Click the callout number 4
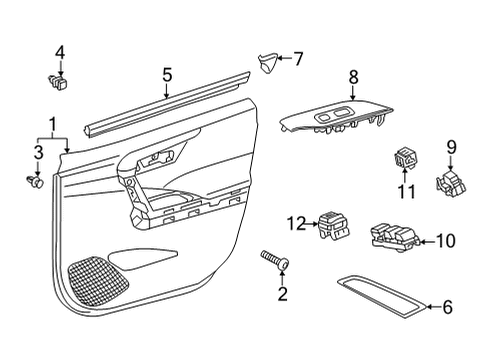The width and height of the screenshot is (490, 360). (59, 52)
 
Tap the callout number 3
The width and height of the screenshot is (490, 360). (37, 152)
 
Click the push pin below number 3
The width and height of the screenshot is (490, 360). (35, 182)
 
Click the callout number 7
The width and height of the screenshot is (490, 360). (297, 59)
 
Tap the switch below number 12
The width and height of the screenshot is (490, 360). (332, 226)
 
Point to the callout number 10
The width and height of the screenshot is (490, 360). (446, 240)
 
